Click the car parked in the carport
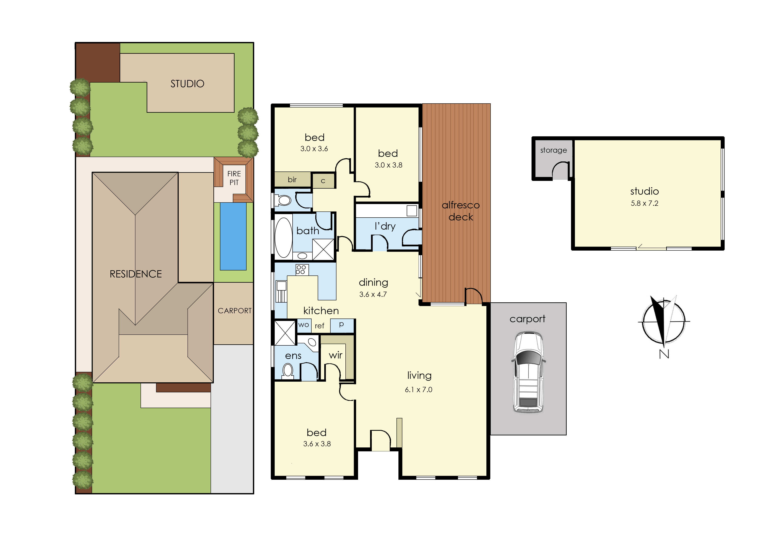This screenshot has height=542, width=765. (528, 372)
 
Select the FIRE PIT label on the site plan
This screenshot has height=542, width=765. (234, 178)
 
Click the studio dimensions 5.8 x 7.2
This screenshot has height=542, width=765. (644, 203)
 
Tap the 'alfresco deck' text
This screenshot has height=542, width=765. (461, 211)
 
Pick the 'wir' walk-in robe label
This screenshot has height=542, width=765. (335, 355)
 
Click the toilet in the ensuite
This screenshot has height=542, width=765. (288, 371)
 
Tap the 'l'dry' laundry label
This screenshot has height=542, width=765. (385, 226)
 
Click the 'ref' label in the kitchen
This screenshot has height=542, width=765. (319, 326)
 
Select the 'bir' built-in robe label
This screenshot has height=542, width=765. (292, 180)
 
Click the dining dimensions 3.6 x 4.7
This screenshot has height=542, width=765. (373, 294)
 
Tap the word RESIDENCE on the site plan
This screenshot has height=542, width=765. (136, 274)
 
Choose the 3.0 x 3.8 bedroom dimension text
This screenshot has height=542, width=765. (388, 165)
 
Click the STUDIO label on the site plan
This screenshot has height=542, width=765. (187, 84)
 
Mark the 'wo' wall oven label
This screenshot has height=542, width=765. (303, 325)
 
